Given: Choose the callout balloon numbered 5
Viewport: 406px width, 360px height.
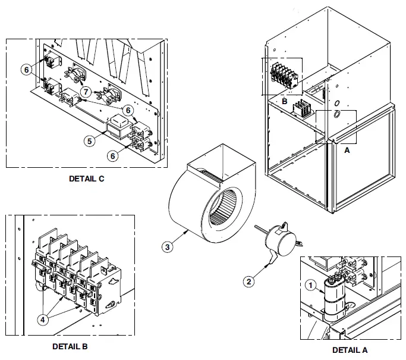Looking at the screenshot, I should pos(89,142).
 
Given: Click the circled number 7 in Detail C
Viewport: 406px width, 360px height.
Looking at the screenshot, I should pos(86,92).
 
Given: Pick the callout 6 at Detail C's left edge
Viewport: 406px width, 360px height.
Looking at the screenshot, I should pos(26,70).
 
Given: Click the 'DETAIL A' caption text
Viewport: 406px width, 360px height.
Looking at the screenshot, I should pos(350,350).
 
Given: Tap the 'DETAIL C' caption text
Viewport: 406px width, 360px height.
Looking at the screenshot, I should pos(86,179).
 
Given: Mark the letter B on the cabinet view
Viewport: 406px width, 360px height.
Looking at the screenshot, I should pos(285,101).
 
